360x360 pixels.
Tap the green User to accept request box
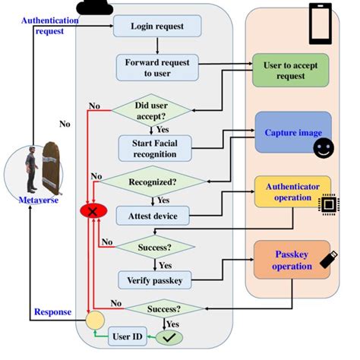tap(290, 71)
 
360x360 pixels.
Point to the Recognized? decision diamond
tap(154, 182)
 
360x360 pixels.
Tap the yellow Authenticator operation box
tap(292, 191)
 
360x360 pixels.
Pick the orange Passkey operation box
tap(292, 260)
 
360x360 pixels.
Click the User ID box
tap(127, 335)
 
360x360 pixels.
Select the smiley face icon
tap(323, 147)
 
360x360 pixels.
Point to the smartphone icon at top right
tap(320, 25)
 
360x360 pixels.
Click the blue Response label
tap(53, 312)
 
